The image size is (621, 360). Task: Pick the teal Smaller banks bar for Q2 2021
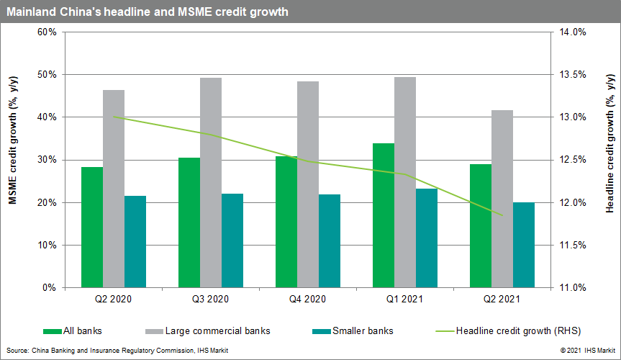pos(524,245)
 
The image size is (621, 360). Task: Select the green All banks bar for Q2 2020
pos(92,228)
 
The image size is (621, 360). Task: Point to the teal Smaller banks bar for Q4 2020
pos(330,241)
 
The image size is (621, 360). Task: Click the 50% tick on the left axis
pos(47,75)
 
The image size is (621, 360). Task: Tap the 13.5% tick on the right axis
pos(574,75)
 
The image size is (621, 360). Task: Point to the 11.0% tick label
pos(574,288)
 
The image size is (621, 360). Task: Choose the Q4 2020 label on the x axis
pos(308,299)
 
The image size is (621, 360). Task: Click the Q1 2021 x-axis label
pos(405,299)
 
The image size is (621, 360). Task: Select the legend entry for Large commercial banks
pos(212,331)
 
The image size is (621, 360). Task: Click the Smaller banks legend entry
pos(353,331)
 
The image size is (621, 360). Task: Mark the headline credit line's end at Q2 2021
pos(502,215)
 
